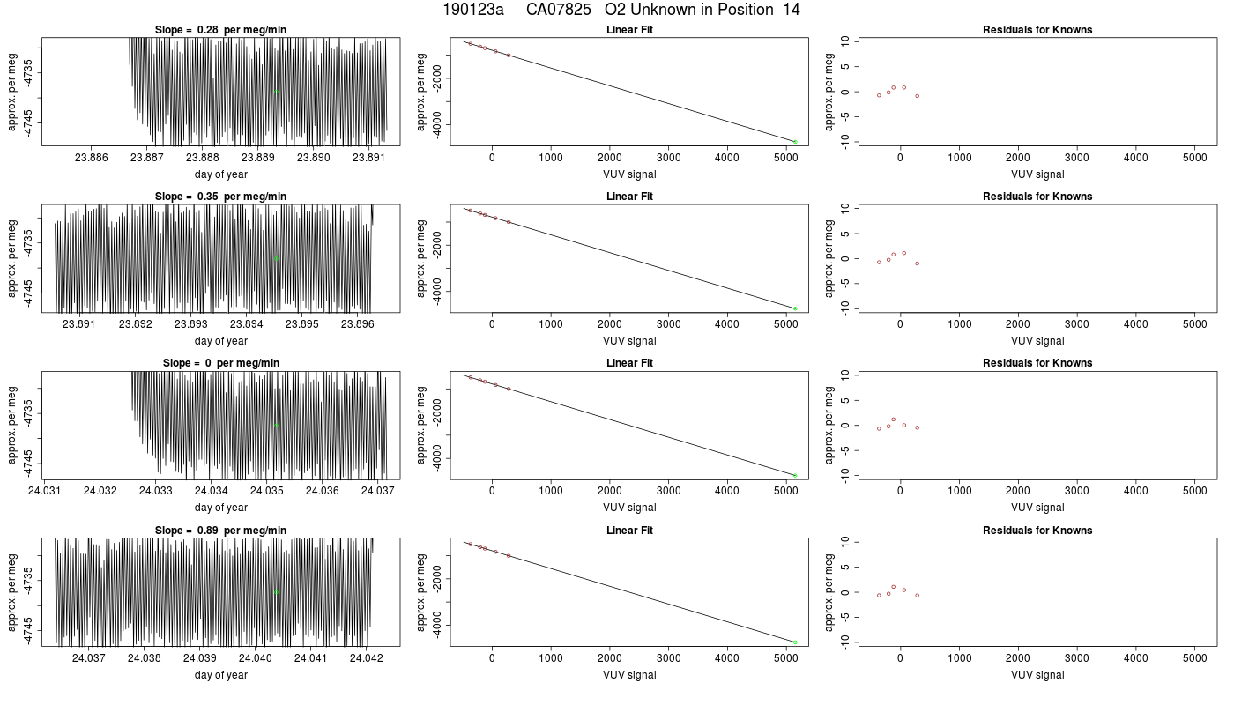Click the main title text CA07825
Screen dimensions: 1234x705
(x=558, y=10)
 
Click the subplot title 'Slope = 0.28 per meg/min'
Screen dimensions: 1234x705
(x=220, y=30)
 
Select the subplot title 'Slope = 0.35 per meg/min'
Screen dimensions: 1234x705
(x=220, y=197)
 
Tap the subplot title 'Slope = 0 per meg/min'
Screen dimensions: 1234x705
(x=221, y=363)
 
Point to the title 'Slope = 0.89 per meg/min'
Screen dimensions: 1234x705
(x=220, y=531)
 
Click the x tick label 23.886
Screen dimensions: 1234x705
(x=92, y=158)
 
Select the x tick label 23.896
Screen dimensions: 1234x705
(x=358, y=324)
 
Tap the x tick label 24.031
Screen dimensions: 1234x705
(x=45, y=491)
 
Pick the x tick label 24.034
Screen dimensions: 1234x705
(x=211, y=491)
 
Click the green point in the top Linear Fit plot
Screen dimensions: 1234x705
(x=795, y=142)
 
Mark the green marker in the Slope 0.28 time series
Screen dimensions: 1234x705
(x=276, y=92)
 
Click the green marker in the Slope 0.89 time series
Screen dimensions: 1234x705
(x=276, y=592)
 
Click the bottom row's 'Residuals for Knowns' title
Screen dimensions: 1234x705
(x=1037, y=531)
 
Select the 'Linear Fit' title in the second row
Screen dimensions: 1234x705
(x=629, y=197)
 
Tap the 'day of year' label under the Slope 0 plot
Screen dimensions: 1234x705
(x=221, y=508)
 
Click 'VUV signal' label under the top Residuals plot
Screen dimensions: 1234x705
(x=1037, y=174)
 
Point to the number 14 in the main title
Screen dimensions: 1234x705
(x=792, y=10)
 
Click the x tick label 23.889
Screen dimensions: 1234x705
(x=257, y=158)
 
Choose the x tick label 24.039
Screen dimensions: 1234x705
(x=200, y=658)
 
